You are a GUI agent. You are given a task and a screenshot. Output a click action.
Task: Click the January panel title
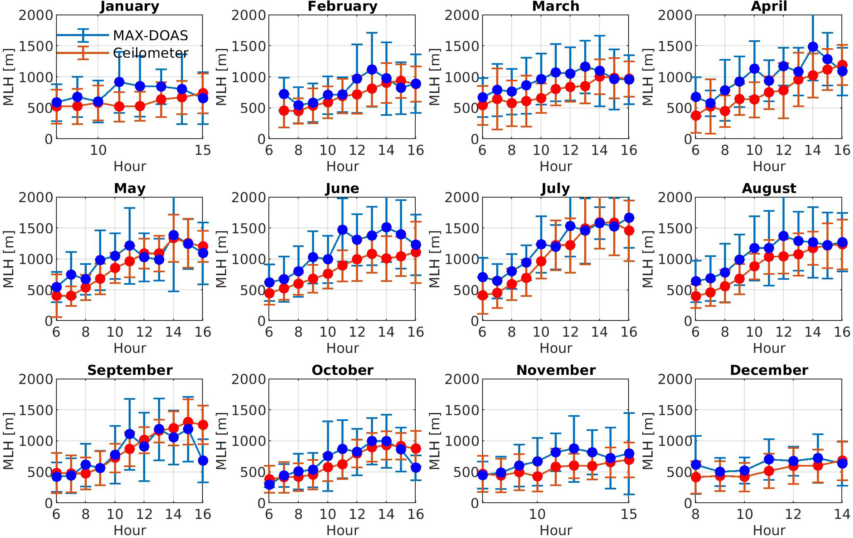[x=129, y=7]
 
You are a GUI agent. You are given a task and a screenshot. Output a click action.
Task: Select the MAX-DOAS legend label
[x=150, y=36]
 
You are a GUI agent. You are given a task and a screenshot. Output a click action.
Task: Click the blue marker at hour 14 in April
[x=813, y=47]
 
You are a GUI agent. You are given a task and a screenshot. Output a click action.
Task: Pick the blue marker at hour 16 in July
[x=629, y=218]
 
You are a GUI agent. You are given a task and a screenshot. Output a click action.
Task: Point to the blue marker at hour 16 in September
[x=202, y=460]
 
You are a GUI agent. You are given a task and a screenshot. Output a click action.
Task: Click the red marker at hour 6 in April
[x=696, y=116]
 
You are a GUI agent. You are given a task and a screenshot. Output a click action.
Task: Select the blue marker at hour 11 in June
[x=342, y=230]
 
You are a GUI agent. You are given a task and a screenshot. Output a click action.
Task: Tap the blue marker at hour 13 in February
[x=372, y=70]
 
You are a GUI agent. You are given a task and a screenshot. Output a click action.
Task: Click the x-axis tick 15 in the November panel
[x=629, y=514]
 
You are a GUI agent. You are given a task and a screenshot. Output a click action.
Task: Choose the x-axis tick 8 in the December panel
[x=696, y=514]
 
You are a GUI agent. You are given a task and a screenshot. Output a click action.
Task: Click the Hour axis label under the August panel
[x=769, y=348]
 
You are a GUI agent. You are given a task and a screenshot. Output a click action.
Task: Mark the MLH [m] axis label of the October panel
[x=222, y=441]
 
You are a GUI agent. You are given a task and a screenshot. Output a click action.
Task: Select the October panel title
[x=342, y=370]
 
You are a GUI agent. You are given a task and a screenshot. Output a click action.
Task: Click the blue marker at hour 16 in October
[x=415, y=468]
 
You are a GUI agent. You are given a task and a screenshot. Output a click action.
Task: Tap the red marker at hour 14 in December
[x=842, y=461]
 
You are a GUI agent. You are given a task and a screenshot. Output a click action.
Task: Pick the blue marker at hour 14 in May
[x=173, y=235]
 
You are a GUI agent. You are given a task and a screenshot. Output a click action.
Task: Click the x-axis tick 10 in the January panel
[x=98, y=150]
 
